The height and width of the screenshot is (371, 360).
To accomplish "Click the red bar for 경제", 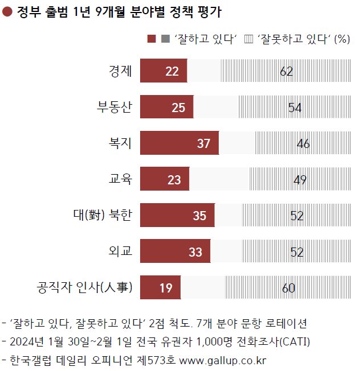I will coord(163,71).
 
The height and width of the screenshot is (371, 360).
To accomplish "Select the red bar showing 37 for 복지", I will coord(179,143).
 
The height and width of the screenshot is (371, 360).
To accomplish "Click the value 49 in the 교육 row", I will coord(300,180).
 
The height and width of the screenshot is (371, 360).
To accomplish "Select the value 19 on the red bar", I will coord(166,288).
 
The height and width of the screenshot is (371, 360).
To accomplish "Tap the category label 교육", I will coord(120,180).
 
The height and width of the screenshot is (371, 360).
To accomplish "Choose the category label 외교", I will coord(120,252).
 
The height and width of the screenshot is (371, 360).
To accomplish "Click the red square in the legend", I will coord(152,39).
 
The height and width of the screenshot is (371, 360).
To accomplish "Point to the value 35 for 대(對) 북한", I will coord(199,216).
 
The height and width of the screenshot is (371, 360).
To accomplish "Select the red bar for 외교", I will coord(175,252).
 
